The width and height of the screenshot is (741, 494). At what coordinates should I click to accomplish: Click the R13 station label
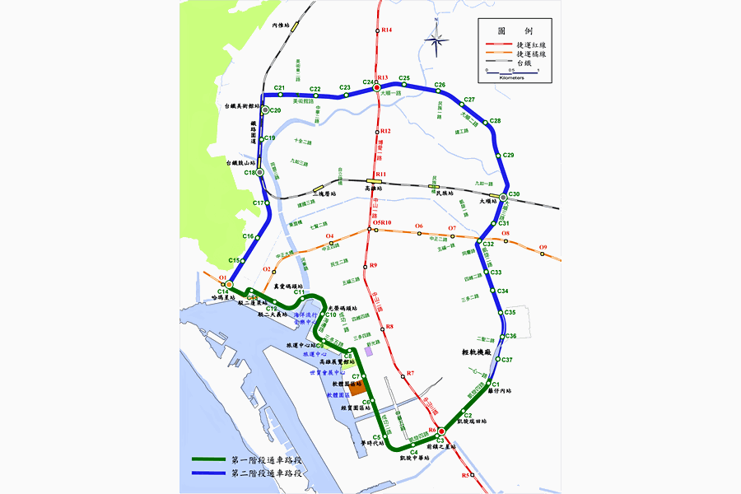click(382, 77)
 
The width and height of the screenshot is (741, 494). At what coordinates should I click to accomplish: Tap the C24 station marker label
click(368, 82)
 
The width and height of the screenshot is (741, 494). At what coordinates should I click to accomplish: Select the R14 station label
click(387, 30)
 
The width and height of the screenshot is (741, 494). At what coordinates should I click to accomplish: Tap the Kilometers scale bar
click(512, 74)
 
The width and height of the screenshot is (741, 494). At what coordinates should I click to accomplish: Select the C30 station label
click(515, 194)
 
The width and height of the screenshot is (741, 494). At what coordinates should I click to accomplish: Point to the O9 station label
click(543, 248)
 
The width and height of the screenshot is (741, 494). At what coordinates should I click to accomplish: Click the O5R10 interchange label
click(383, 223)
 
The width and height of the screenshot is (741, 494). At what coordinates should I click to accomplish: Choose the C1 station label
click(496, 384)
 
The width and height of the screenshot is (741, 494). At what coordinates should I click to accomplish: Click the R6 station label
click(432, 430)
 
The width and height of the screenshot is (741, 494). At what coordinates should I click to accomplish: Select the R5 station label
click(465, 475)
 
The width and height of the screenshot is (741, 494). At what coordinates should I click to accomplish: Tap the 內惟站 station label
click(282, 26)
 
